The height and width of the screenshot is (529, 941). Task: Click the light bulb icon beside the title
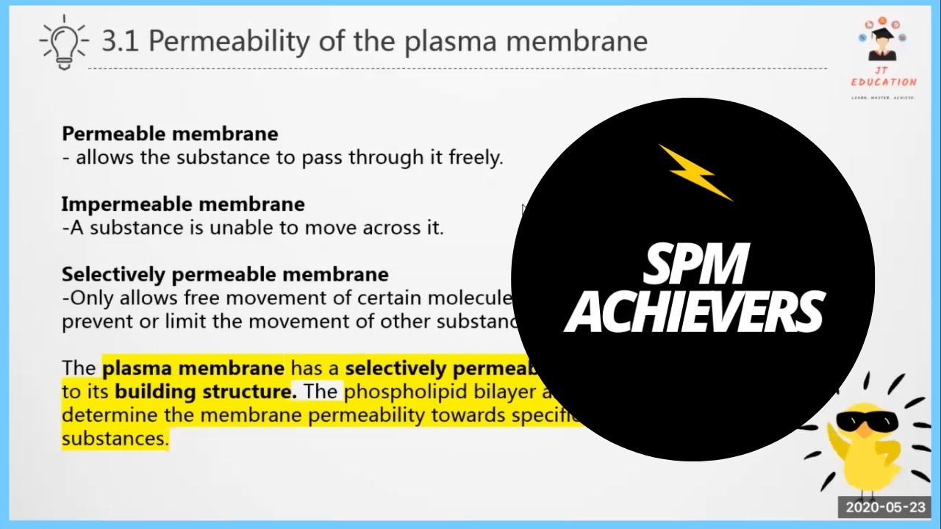(x=63, y=42)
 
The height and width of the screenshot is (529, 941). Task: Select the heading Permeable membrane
(x=170, y=134)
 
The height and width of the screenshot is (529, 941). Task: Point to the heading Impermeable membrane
(x=183, y=204)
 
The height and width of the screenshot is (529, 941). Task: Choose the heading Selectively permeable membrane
(x=225, y=275)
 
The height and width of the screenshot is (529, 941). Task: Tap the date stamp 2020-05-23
(x=884, y=507)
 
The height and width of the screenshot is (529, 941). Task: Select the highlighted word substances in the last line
(x=115, y=439)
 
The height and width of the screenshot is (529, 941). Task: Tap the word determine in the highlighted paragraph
(x=103, y=416)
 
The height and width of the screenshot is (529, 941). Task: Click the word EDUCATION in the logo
(x=883, y=82)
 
